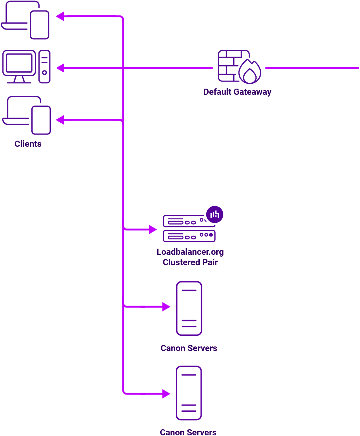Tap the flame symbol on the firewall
click(x=250, y=72)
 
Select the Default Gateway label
click(x=237, y=92)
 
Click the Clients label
click(x=28, y=144)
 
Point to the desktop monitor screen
click(x=19, y=63)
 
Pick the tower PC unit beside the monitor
click(x=45, y=66)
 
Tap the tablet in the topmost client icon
click(x=40, y=25)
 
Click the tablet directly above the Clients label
click(x=41, y=120)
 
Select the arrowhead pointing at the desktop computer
click(x=60, y=68)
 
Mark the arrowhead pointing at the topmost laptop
click(x=60, y=16)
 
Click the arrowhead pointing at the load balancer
click(x=153, y=229)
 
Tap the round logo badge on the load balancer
click(x=214, y=214)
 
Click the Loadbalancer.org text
click(x=190, y=252)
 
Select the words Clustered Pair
click(x=190, y=262)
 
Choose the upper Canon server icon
click(x=189, y=308)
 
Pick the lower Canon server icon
click(x=189, y=393)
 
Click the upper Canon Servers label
click(x=189, y=348)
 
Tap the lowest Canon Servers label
click(x=188, y=432)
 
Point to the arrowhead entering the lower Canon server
click(x=166, y=394)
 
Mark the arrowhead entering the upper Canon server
click(x=166, y=307)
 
